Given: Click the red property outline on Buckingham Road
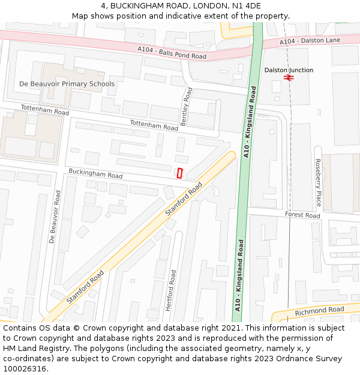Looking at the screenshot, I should pyautogui.click(x=179, y=173).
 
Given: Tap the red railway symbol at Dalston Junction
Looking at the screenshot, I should pyautogui.click(x=289, y=78).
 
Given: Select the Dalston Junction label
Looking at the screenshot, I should pyautogui.click(x=289, y=70).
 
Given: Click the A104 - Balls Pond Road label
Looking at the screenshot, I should pyautogui.click(x=172, y=53).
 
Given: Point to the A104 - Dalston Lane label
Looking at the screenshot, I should pyautogui.click(x=310, y=40).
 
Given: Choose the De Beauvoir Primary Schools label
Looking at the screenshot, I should pyautogui.click(x=67, y=84).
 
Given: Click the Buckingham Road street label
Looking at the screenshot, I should pyautogui.click(x=95, y=173).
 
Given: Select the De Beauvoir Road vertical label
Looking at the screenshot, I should pyautogui.click(x=54, y=217).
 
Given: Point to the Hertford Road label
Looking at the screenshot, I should pyautogui.click(x=171, y=290).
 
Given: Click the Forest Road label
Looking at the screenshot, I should pyautogui.click(x=302, y=215).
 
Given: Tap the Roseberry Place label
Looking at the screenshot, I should pyautogui.click(x=319, y=182).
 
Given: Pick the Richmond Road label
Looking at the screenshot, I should pyautogui.click(x=319, y=311).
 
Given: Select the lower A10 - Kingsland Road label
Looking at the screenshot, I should pyautogui.click(x=239, y=275).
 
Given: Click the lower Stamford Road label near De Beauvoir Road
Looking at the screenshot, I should pyautogui.click(x=85, y=286).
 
